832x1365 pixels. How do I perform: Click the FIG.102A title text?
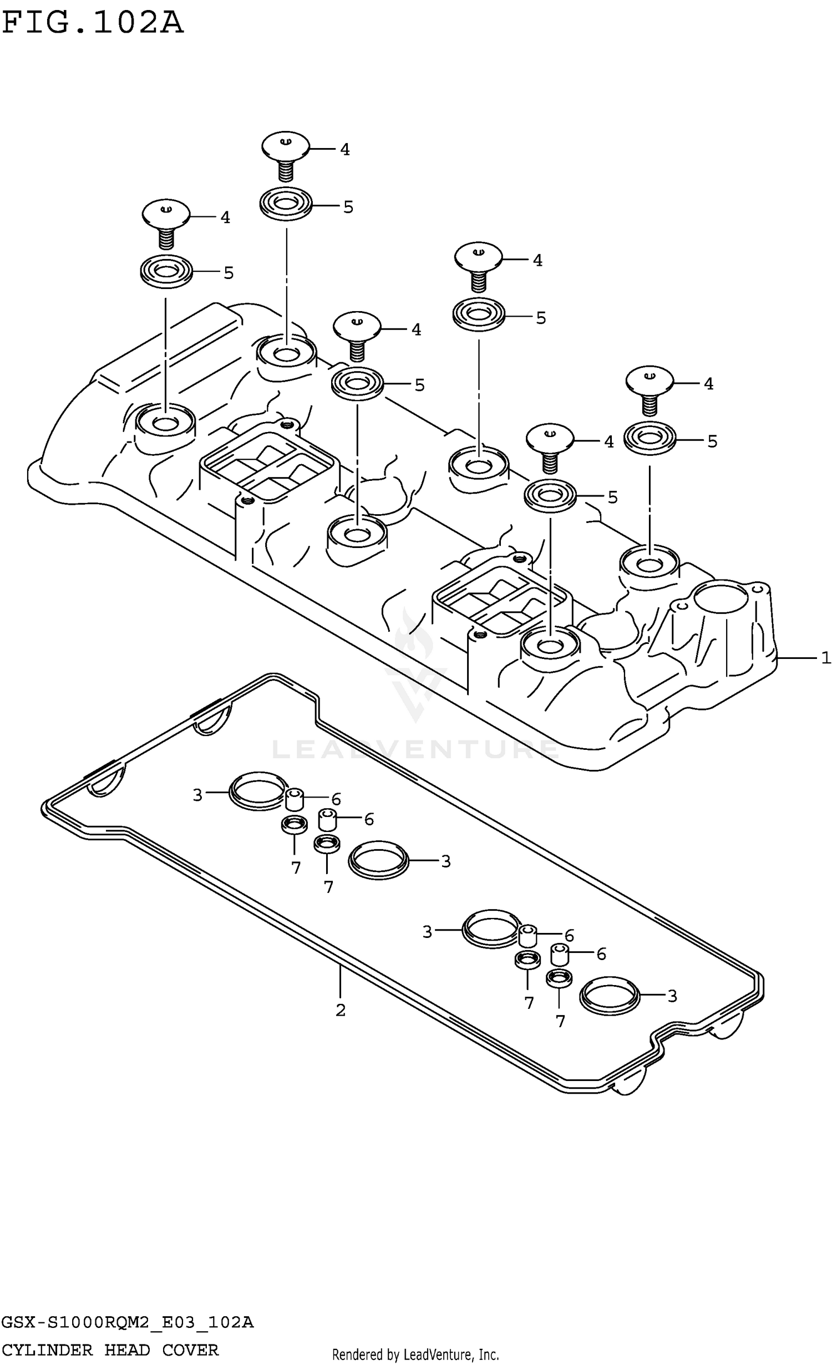92,23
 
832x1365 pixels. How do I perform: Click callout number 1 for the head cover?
825,658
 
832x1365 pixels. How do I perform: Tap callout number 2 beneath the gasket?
341,1010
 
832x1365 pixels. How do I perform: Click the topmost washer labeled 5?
286,204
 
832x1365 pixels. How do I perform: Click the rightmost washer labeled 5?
650,439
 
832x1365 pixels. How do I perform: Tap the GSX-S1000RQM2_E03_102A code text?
127,1322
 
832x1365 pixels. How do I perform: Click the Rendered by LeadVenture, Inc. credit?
415,1354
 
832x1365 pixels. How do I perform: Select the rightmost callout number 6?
601,954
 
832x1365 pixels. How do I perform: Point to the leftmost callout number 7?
296,867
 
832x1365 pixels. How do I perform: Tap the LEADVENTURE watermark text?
415,750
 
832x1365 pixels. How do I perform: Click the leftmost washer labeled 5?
165,271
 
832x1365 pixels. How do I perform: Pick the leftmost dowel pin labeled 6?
294,799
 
